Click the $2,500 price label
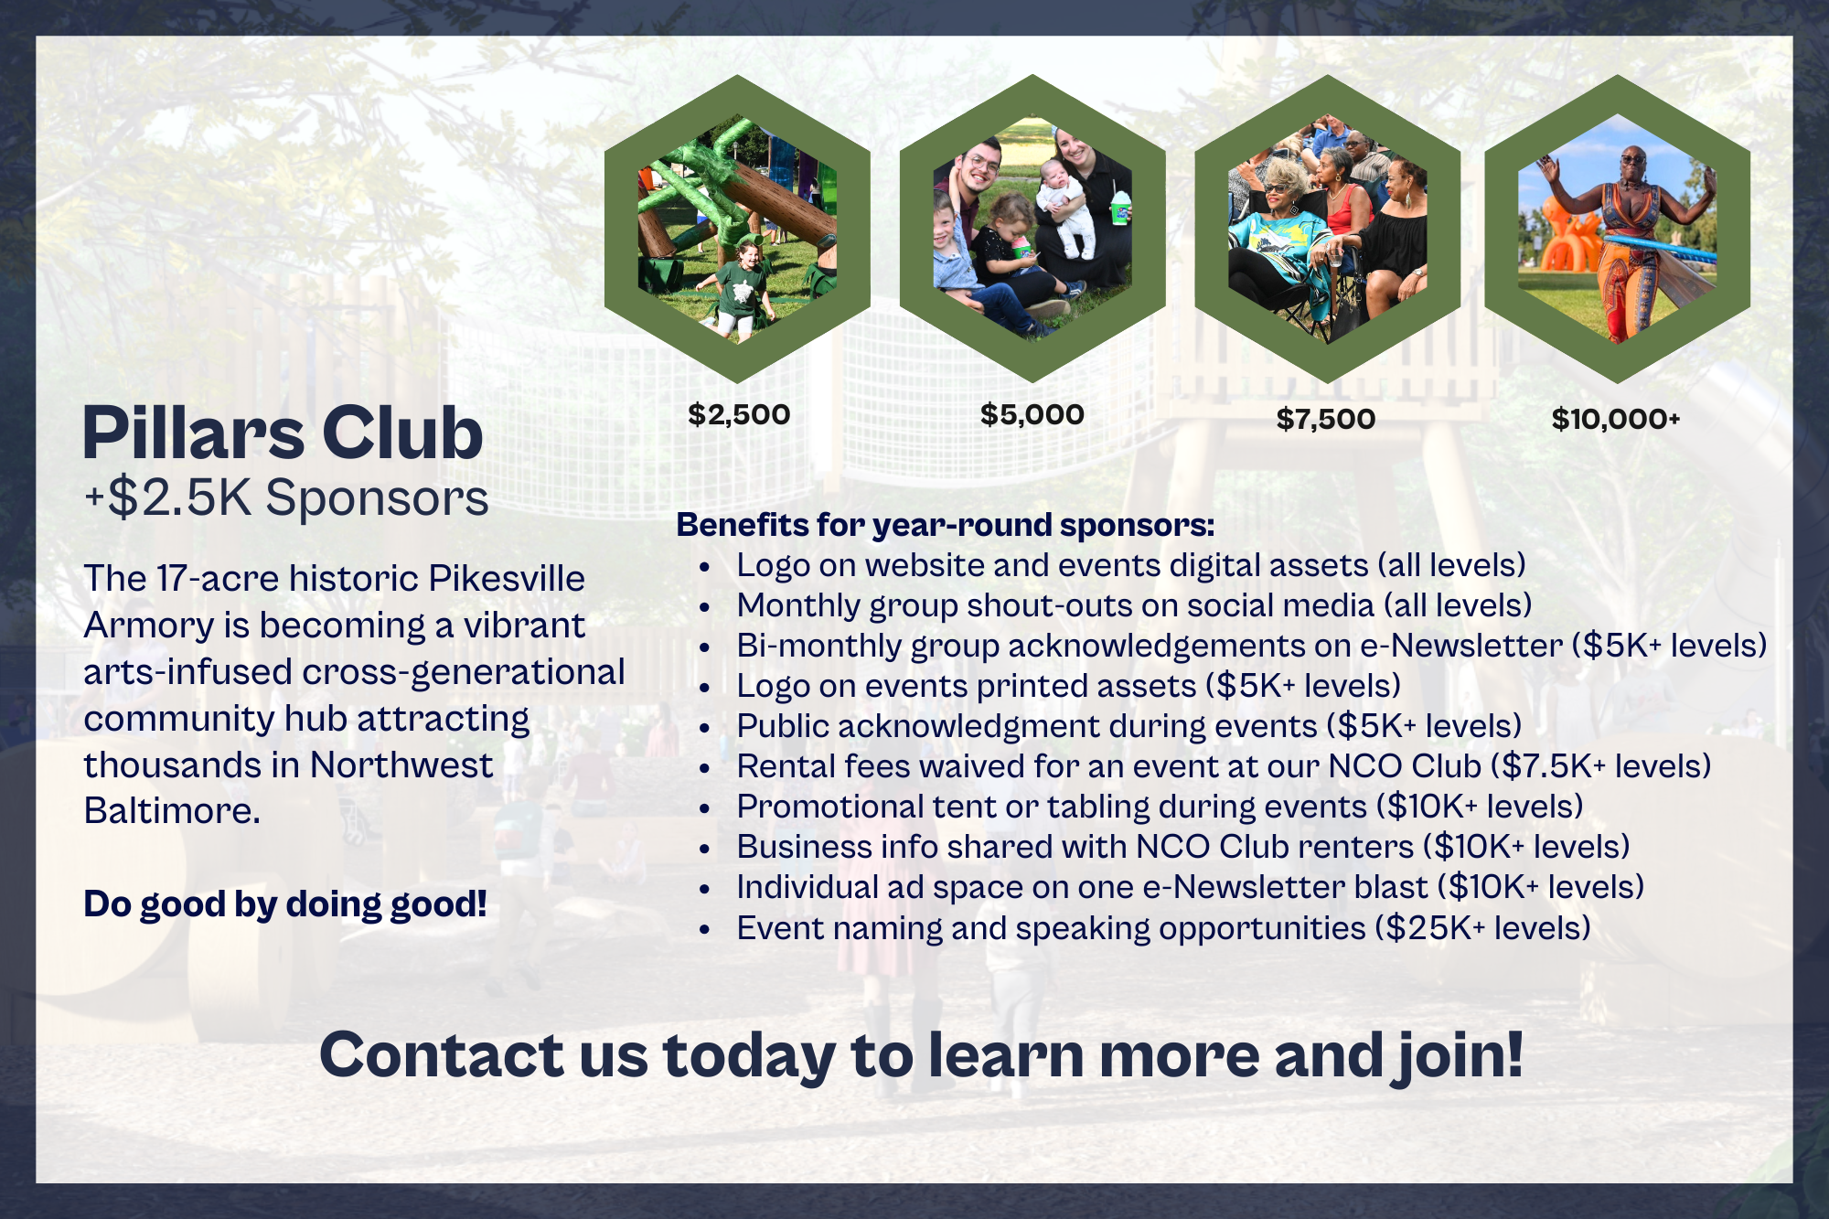click(739, 414)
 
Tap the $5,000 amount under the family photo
click(1032, 414)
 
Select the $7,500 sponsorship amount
click(1326, 419)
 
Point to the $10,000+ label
click(1616, 419)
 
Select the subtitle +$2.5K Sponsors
click(286, 498)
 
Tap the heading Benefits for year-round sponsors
click(946, 525)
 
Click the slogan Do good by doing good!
click(285, 904)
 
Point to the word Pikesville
click(507, 578)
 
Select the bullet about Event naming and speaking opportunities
click(1163, 928)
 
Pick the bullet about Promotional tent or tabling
click(1160, 807)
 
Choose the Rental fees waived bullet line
click(1224, 766)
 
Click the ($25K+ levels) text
click(1483, 928)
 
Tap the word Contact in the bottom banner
click(442, 1055)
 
